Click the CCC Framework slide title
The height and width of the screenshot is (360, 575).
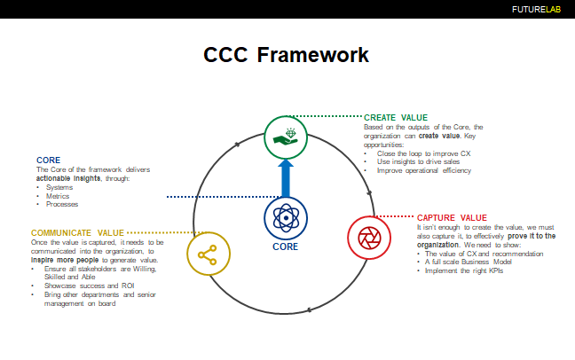(287, 55)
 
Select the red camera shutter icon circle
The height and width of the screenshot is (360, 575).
(366, 237)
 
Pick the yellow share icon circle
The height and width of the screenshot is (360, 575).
(208, 255)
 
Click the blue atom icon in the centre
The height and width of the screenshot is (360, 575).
(286, 216)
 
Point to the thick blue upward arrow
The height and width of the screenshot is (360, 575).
(286, 177)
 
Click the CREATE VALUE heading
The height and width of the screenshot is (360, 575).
(396, 117)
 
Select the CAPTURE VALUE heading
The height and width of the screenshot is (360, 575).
(452, 217)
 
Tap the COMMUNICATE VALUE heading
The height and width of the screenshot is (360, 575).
(78, 232)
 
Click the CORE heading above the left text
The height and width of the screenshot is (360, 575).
(48, 160)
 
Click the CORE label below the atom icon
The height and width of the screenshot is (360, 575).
(286, 247)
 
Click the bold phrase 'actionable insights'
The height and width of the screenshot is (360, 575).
(67, 177)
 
